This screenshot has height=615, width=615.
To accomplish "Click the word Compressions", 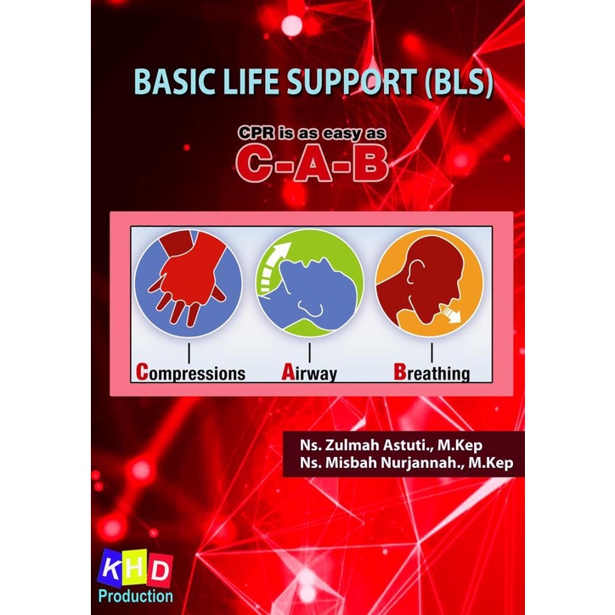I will click(190, 372).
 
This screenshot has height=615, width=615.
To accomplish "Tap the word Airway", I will click(309, 372).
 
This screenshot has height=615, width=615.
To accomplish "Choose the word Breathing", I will click(431, 372).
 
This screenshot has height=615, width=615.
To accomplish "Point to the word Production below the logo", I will click(137, 595).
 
